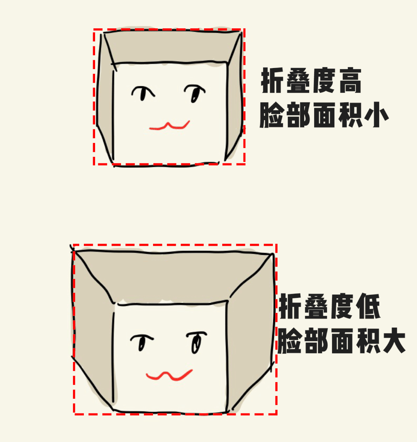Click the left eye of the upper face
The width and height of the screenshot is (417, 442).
143,93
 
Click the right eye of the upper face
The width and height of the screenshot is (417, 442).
194,93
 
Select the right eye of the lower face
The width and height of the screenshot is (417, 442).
196,342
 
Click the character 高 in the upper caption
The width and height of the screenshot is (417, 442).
350,80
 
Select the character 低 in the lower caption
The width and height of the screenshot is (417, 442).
368,306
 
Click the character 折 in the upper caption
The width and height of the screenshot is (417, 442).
272,80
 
